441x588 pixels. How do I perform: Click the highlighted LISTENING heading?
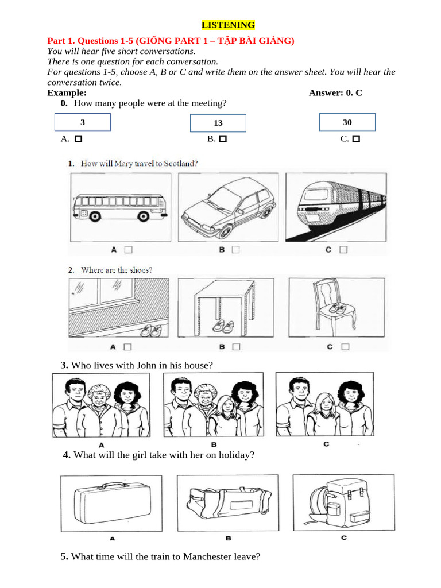click(x=228, y=25)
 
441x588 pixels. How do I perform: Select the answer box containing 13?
click(x=218, y=123)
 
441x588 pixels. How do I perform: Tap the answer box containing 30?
click(x=347, y=122)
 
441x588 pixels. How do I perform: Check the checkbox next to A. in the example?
click(x=78, y=139)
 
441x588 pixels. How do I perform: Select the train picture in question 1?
click(x=336, y=207)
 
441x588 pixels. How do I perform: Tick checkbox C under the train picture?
click(x=343, y=250)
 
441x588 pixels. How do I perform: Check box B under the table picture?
click(x=235, y=347)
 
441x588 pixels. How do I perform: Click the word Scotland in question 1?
click(x=181, y=164)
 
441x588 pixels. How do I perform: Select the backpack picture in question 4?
click(x=342, y=502)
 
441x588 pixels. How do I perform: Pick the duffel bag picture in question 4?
click(x=228, y=504)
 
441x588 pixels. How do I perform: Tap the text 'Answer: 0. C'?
click(x=335, y=92)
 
